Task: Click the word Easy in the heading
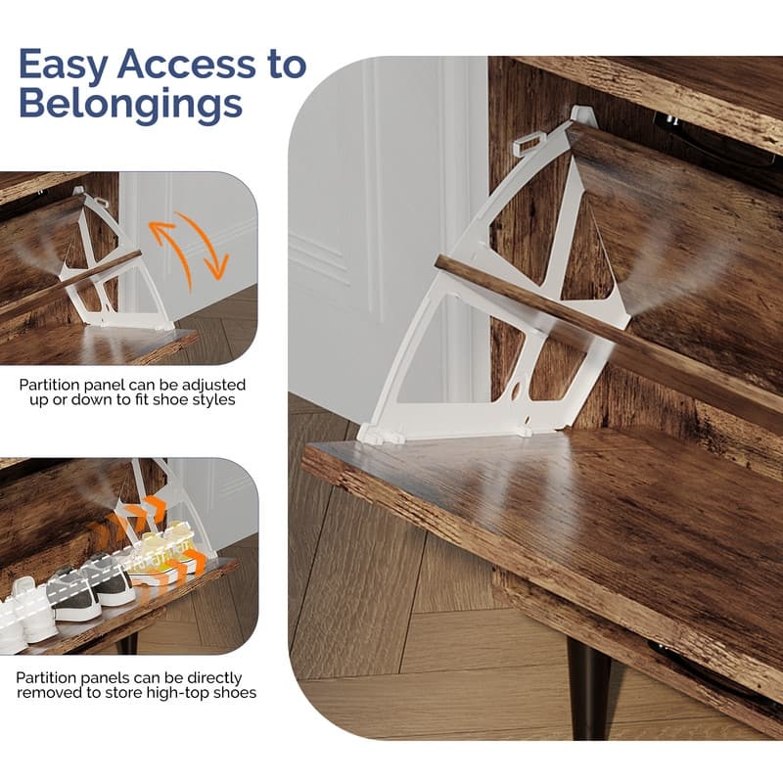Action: tap(64, 65)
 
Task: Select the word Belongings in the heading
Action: tap(131, 105)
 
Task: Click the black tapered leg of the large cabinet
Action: tap(590, 688)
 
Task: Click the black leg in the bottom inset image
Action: tap(127, 644)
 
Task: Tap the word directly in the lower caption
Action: tap(214, 678)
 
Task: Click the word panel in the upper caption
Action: tap(105, 385)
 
